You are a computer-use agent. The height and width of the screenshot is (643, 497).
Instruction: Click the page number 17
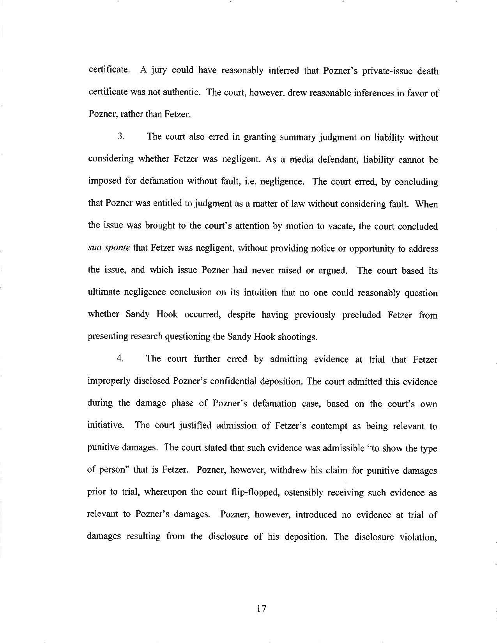[x=261, y=608]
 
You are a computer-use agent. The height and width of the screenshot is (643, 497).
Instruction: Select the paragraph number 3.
[x=121, y=137]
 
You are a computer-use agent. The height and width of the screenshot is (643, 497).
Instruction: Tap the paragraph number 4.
[x=120, y=359]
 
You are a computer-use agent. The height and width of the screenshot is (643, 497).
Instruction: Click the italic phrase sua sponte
[x=109, y=249]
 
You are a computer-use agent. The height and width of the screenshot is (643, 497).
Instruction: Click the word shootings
[x=298, y=337]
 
